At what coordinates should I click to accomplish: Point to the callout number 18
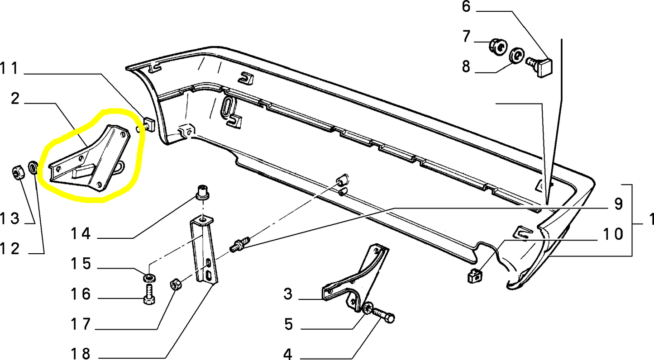(80, 353)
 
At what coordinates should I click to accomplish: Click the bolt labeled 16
(149, 294)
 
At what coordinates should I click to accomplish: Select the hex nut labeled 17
(175, 284)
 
